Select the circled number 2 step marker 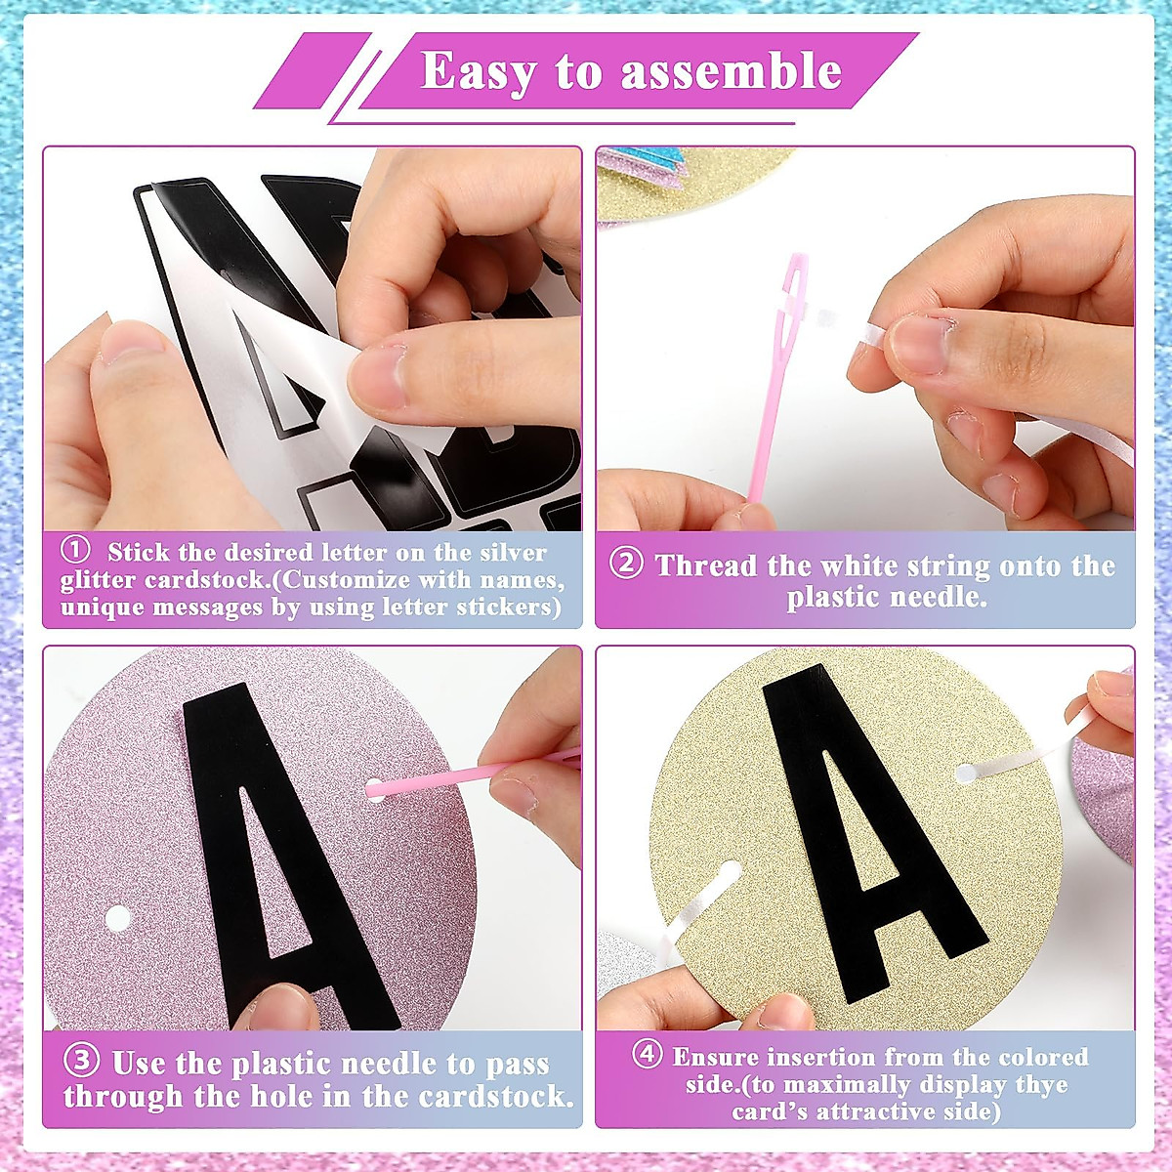(x=626, y=565)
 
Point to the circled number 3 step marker (x=82, y=1062)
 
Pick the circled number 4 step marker (x=647, y=1056)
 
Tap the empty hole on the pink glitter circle (x=117, y=918)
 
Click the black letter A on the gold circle (x=859, y=830)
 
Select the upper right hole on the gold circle (x=965, y=774)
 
